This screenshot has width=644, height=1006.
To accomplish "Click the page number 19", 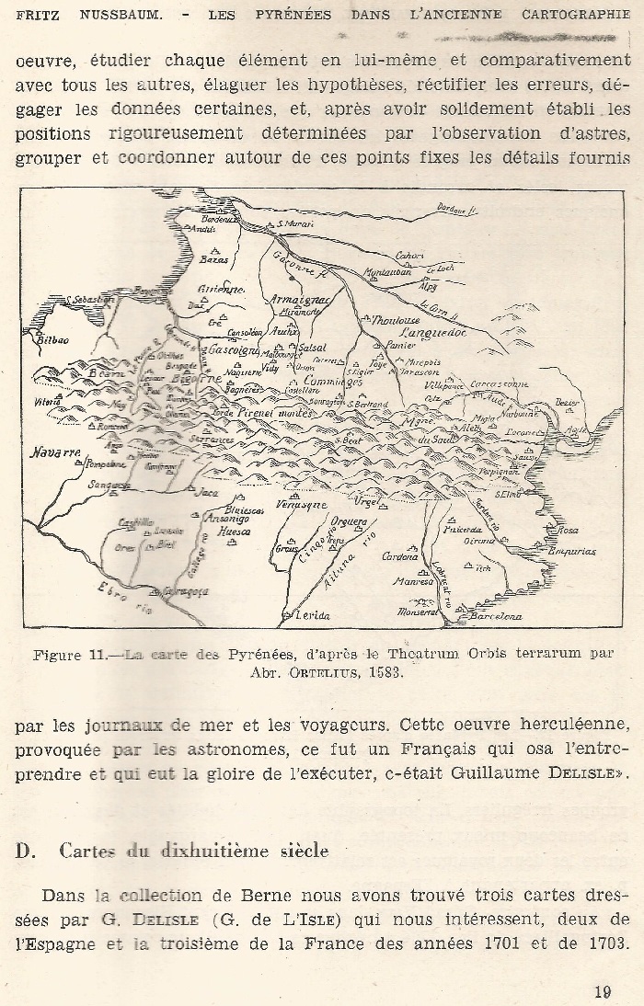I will click(x=603, y=990).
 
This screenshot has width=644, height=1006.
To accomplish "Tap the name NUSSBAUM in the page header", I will click(x=99, y=15).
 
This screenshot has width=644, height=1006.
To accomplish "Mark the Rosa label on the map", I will click(x=569, y=531).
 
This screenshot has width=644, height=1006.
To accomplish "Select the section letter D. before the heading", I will click(x=24, y=851).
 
